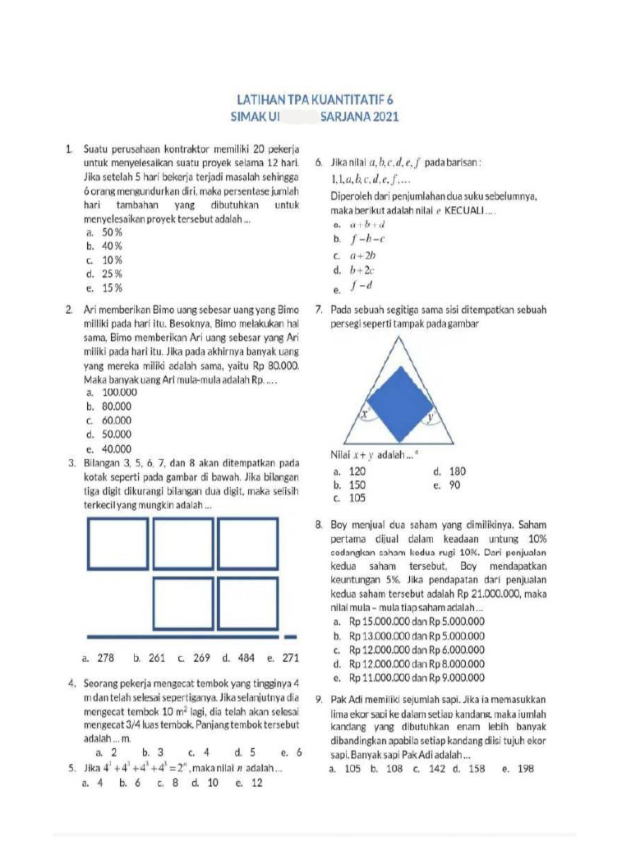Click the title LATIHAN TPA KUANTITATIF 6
(316, 99)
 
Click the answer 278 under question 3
(105, 657)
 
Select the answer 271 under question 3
(290, 657)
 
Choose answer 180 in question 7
(457, 471)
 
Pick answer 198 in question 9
(523, 769)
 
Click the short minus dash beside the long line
(290, 636)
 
